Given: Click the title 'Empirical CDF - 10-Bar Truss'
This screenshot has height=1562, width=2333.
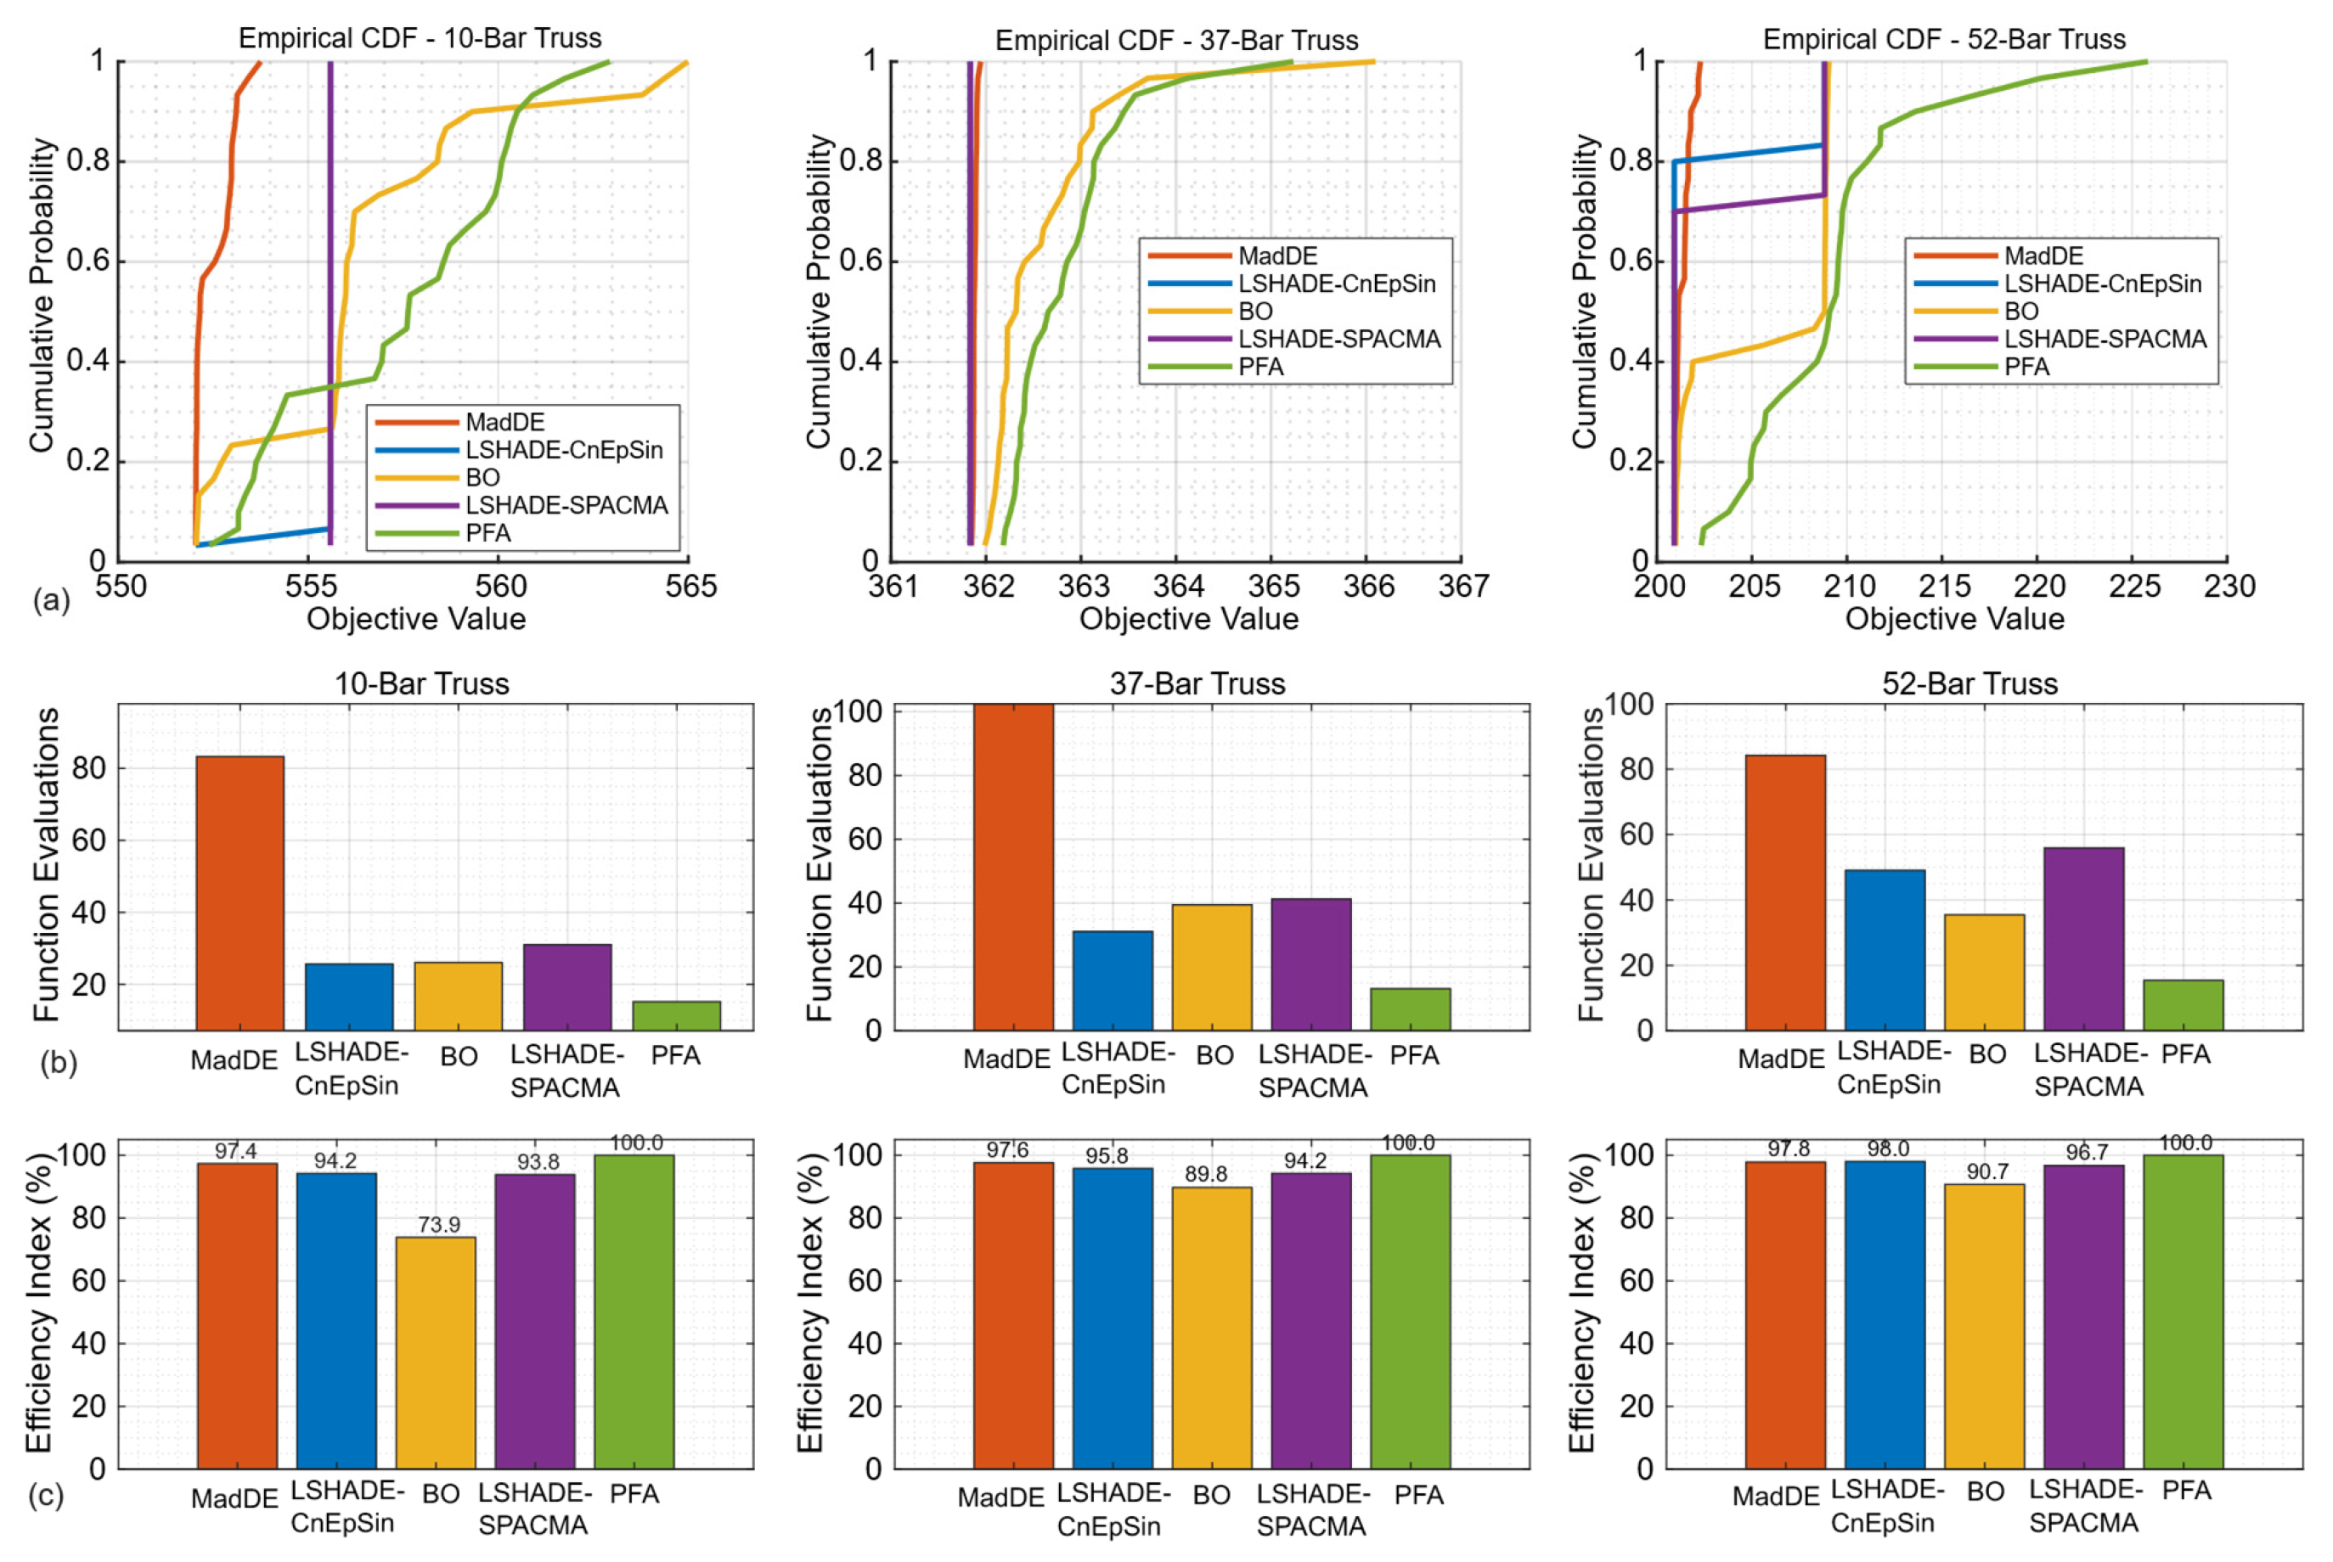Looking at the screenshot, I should (x=420, y=39).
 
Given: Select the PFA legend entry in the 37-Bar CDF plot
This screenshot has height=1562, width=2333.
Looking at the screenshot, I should (x=1260, y=368).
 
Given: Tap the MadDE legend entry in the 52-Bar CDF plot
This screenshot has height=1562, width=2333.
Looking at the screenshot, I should (x=2043, y=256).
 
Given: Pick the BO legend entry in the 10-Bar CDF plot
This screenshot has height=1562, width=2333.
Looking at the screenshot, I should (x=482, y=478).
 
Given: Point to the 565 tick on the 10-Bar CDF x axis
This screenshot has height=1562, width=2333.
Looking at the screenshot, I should (x=690, y=587).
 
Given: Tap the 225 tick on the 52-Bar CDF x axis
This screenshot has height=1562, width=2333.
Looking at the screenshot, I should (x=2133, y=587).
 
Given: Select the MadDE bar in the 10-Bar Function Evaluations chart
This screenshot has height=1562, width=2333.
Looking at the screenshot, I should (x=239, y=892).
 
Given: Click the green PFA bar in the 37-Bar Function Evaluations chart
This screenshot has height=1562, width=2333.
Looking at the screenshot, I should (x=1410, y=1009).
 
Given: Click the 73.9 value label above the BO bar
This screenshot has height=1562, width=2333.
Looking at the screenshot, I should (x=438, y=1224).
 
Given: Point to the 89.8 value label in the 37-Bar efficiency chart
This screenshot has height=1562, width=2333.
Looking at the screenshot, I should (x=1206, y=1175).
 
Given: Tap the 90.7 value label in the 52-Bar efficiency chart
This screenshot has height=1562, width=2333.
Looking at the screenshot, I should (x=1987, y=1171).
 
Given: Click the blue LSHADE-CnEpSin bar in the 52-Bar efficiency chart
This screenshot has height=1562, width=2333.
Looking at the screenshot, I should (x=1885, y=1315).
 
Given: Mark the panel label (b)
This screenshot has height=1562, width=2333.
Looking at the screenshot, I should (x=58, y=1063).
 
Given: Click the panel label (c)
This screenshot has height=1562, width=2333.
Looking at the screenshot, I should (x=46, y=1495).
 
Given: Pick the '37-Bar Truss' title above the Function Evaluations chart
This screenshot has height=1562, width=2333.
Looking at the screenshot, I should (x=1197, y=684).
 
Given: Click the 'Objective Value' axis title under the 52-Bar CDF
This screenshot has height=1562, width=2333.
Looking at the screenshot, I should (x=1954, y=620).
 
